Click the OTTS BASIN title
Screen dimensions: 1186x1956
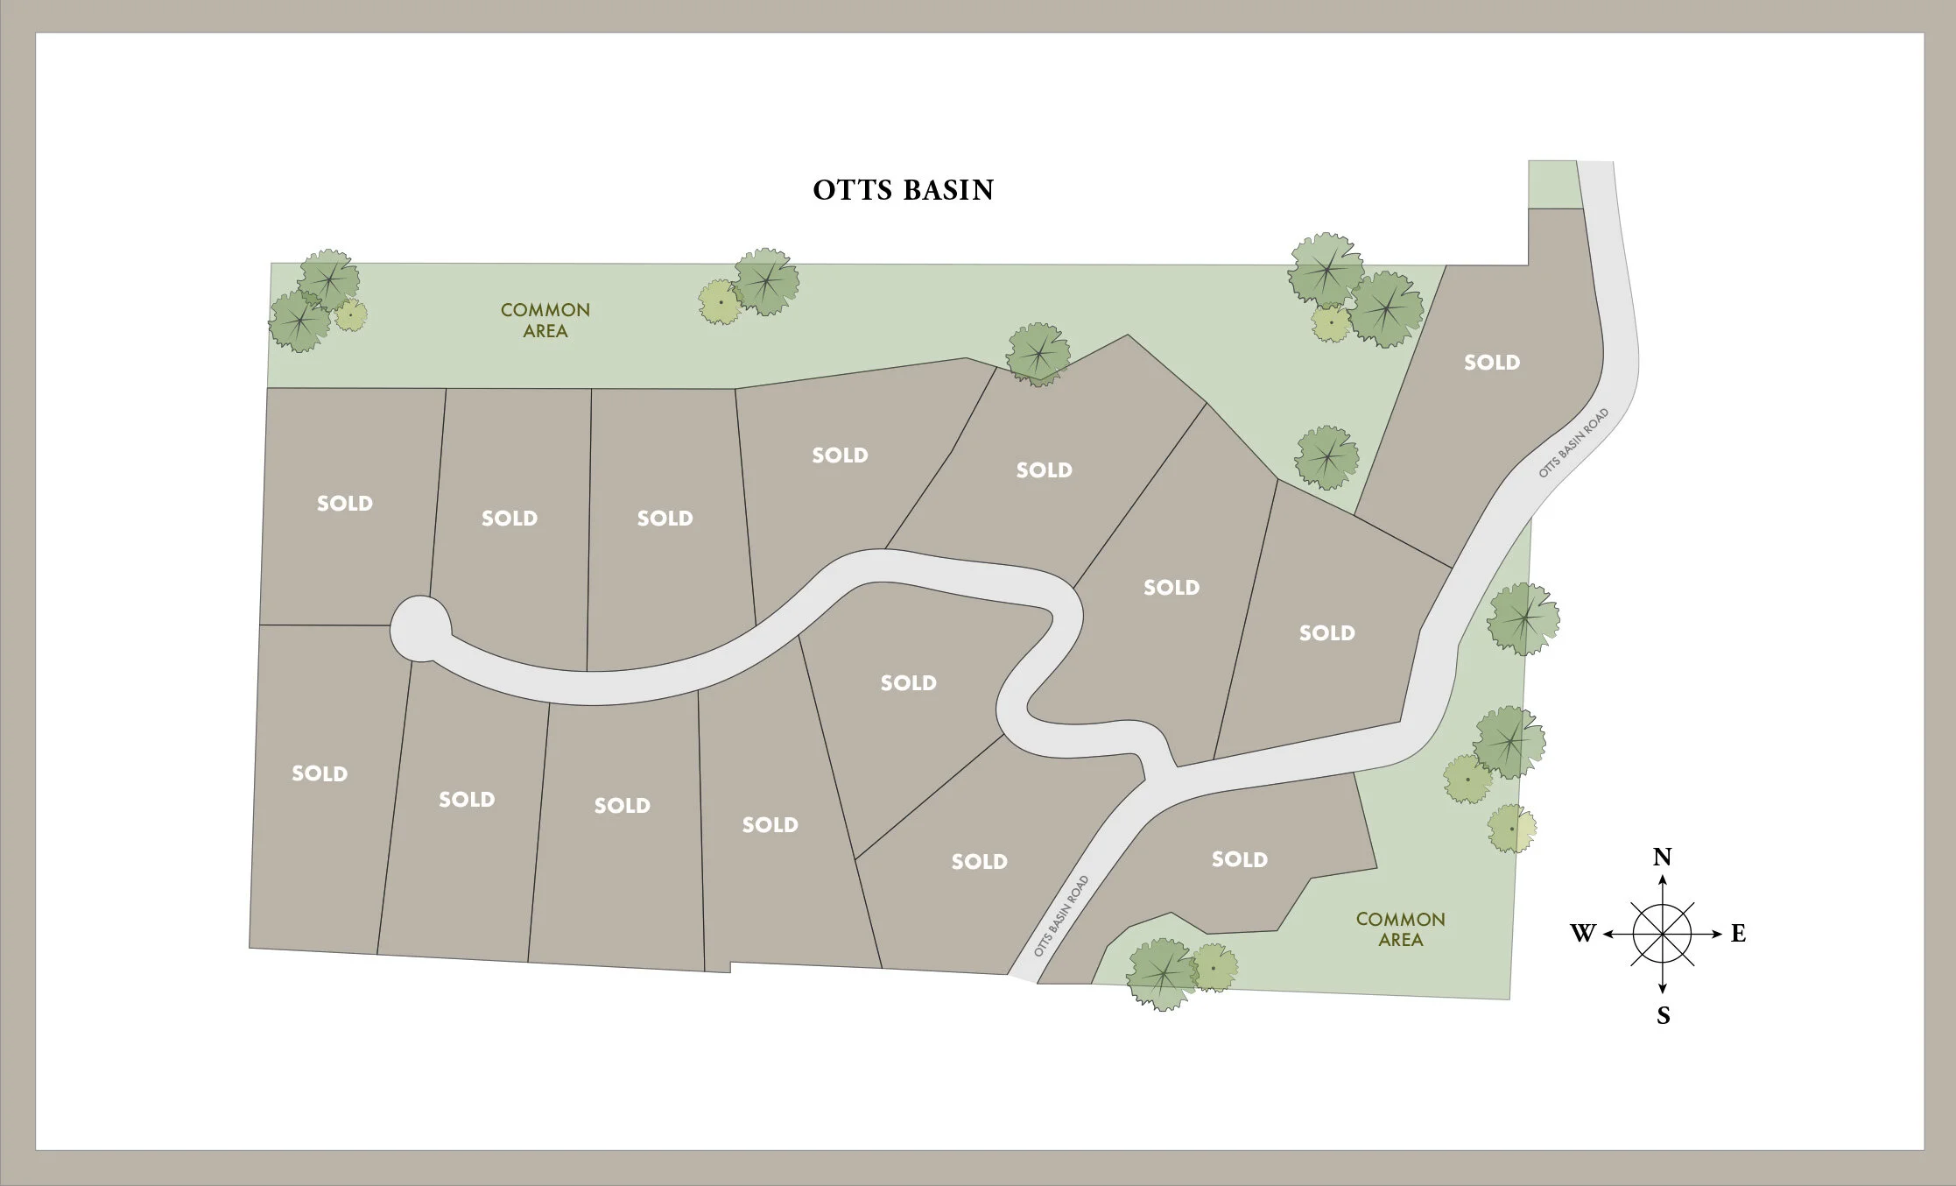coord(903,190)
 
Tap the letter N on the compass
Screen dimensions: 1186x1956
coord(1662,857)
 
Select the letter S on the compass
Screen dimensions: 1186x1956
coord(1663,1016)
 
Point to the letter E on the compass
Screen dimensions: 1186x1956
coord(1738,934)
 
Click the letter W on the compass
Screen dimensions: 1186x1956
coord(1583,934)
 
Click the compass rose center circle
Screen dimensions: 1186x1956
coord(1662,934)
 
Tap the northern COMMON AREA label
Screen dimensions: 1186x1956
coord(545,321)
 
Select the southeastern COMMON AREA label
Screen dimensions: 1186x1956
coord(1400,929)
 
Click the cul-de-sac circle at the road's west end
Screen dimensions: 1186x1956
coord(419,627)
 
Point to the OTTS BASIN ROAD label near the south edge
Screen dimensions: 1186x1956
coord(1061,916)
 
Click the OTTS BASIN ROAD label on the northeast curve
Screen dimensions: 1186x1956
coord(1573,442)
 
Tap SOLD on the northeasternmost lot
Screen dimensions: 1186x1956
coord(1491,363)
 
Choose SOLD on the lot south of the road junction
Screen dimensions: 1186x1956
coord(1239,859)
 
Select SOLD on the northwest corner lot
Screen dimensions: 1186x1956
coord(344,504)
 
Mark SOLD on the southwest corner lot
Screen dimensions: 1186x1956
coord(319,773)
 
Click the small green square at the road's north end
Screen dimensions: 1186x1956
coord(1553,184)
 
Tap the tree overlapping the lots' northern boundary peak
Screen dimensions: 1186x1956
coord(1038,354)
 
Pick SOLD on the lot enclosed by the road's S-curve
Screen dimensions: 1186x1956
coord(908,683)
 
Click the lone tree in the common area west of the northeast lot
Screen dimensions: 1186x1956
coord(1326,457)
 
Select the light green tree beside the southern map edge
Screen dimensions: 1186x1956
coord(1214,967)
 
